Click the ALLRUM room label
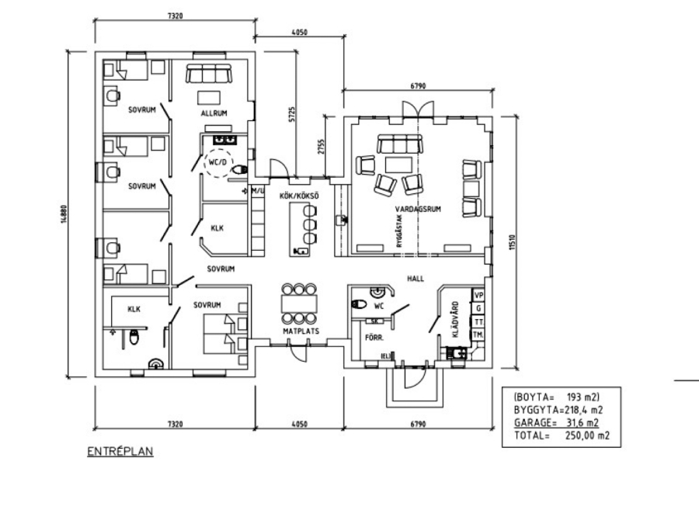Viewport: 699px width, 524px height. tap(214, 113)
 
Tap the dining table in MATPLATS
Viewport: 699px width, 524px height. tap(299, 303)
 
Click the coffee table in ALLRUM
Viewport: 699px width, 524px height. tap(210, 96)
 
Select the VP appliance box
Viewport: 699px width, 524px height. tap(478, 296)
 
